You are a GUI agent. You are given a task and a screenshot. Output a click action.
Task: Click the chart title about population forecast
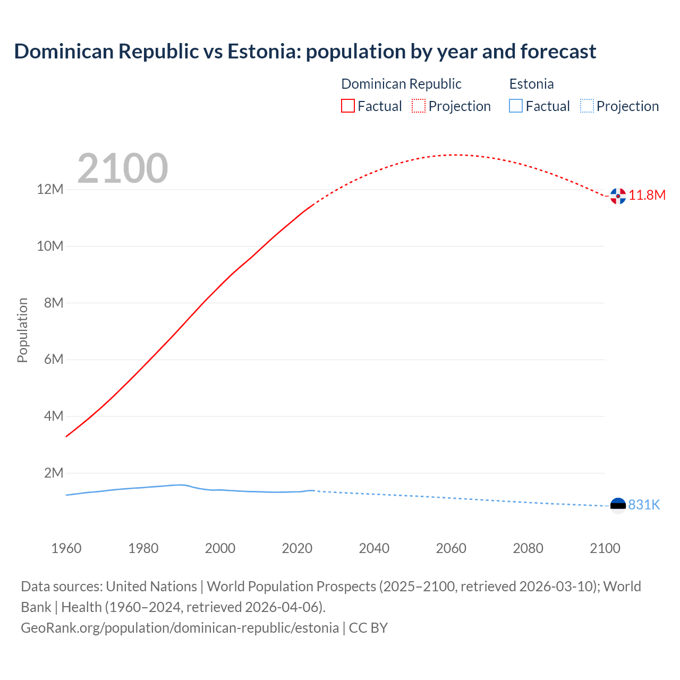(305, 52)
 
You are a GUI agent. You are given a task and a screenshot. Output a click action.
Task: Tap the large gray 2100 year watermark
(123, 168)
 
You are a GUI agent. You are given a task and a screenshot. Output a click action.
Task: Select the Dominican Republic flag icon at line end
(618, 196)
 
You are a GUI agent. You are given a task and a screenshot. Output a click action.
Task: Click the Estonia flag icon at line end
(618, 505)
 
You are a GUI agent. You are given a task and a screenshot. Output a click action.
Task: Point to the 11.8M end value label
(647, 195)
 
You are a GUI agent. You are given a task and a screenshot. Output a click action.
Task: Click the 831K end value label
(644, 505)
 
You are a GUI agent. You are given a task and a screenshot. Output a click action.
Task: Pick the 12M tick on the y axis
(50, 190)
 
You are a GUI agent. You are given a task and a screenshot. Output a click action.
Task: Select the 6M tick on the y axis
(54, 360)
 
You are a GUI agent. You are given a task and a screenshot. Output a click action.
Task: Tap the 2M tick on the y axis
(54, 473)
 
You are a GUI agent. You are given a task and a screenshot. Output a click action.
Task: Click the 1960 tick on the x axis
(66, 548)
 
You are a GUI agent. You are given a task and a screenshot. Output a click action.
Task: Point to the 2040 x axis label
(374, 548)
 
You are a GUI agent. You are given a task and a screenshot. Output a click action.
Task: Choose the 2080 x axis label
(528, 548)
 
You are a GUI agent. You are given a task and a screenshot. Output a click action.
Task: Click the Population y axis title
(22, 330)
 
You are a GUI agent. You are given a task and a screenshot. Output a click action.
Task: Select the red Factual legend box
(348, 106)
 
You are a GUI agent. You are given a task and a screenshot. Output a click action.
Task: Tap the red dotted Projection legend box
(419, 106)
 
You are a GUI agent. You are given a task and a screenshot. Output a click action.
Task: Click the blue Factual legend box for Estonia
(516, 106)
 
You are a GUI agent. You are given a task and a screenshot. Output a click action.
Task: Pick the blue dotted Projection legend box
(586, 106)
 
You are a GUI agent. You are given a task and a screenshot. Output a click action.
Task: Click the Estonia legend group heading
(531, 84)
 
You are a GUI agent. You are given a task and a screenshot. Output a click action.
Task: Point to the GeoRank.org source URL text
(180, 628)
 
